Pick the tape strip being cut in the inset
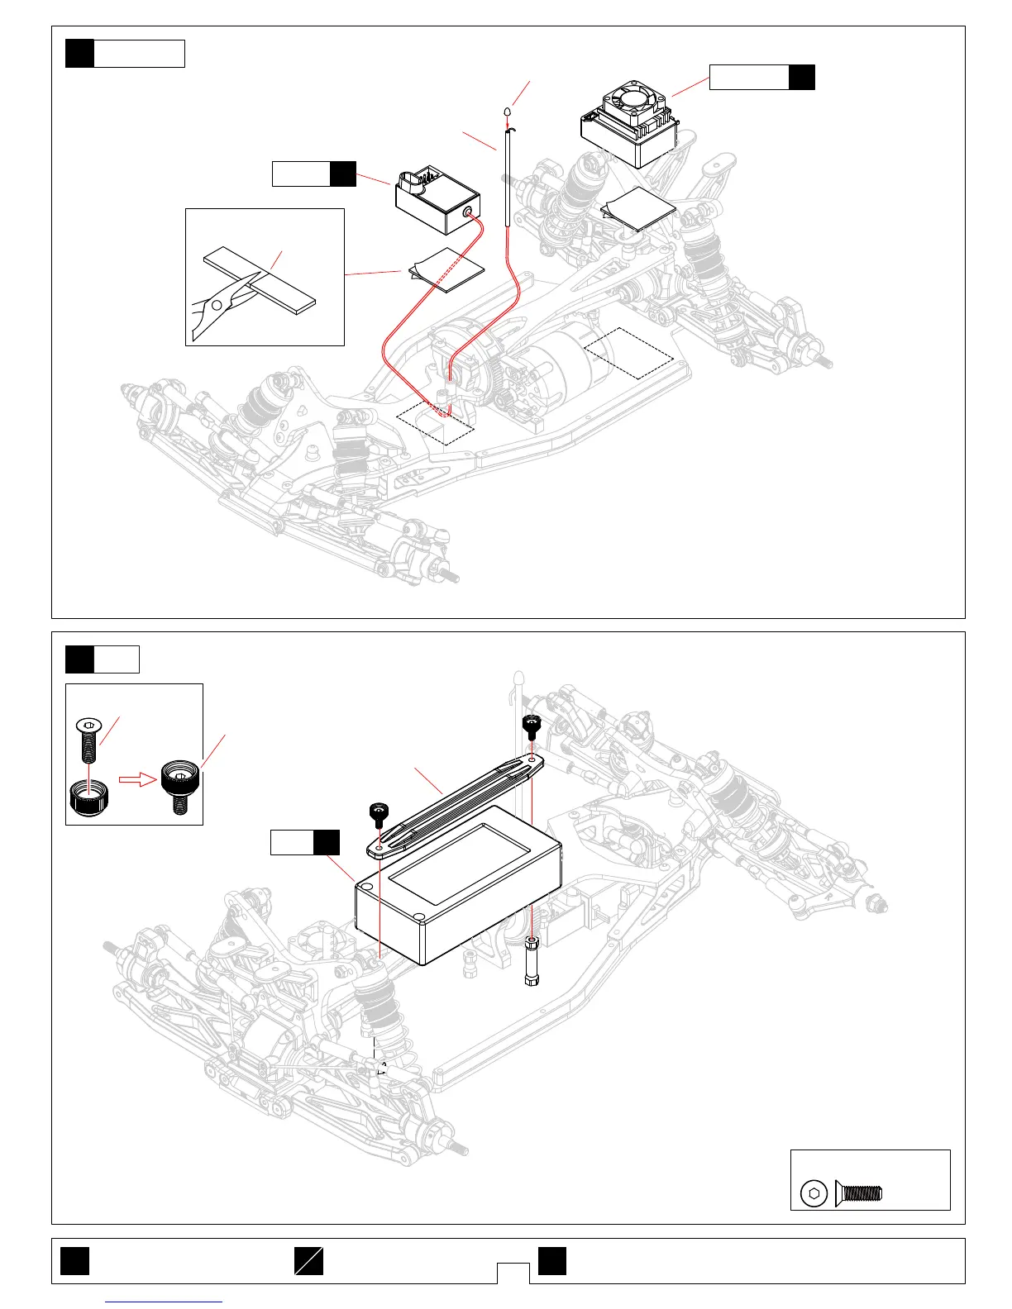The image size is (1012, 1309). [260, 277]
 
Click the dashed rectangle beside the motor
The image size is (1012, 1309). [628, 353]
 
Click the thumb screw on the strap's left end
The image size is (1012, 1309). [377, 814]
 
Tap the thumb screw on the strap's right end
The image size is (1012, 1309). [532, 726]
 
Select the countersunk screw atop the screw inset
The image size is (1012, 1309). [86, 739]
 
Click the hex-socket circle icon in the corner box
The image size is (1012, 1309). [814, 1193]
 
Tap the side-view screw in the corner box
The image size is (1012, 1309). [859, 1192]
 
